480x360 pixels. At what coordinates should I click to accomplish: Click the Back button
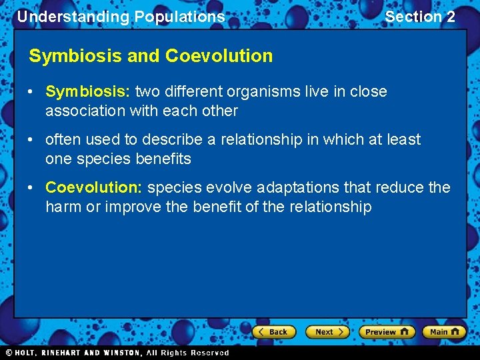(x=273, y=332)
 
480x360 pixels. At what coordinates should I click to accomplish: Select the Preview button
(x=387, y=332)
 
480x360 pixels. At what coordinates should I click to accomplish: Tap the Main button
(x=444, y=332)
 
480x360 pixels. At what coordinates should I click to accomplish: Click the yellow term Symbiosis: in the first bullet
(x=88, y=91)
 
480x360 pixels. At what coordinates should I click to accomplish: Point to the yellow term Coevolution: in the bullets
(x=94, y=188)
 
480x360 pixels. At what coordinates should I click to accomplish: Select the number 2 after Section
(x=451, y=17)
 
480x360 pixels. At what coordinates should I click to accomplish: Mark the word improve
(x=135, y=207)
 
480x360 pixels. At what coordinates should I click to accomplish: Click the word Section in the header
(x=413, y=17)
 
